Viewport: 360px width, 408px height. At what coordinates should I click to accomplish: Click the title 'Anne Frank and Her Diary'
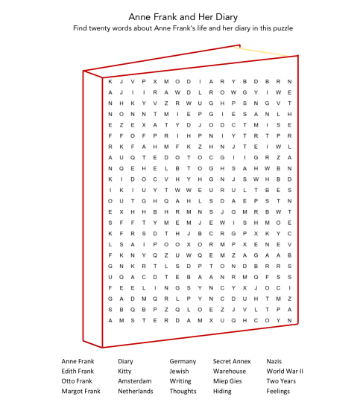point(180,16)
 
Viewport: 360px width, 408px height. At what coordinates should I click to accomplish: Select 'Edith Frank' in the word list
point(78,371)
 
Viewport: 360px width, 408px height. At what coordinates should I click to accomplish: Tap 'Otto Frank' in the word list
point(77,380)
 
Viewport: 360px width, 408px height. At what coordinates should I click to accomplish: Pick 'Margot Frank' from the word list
point(80,390)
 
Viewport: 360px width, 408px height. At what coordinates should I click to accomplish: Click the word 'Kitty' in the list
point(124,371)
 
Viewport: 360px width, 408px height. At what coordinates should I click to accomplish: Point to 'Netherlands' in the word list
point(135,390)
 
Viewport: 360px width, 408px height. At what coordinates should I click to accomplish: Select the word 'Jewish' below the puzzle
point(179,371)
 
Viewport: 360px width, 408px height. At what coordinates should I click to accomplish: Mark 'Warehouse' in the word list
point(229,371)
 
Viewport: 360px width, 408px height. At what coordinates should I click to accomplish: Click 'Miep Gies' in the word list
point(227,380)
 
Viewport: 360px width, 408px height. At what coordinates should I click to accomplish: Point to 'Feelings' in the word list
point(278,390)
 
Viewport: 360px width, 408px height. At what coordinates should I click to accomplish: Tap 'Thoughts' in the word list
point(183,390)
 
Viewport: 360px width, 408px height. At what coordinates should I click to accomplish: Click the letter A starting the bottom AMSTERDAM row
point(110,320)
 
